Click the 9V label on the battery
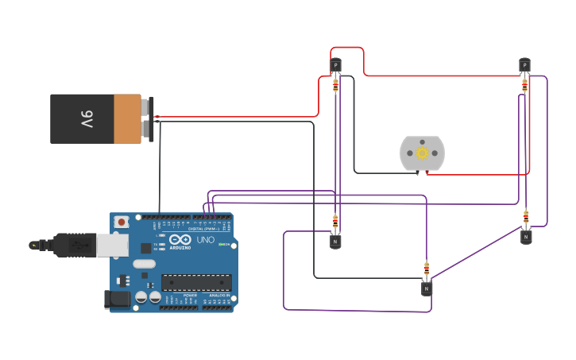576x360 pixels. [86, 119]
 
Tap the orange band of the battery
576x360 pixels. [127, 119]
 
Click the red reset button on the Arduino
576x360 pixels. [122, 222]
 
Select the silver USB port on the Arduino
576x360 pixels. [112, 245]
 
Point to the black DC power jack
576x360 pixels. [118, 300]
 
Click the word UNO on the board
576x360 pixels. [205, 240]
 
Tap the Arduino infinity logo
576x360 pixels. [180, 240]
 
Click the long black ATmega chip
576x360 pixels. [196, 281]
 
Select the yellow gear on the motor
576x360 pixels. [423, 153]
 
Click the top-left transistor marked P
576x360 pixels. [335, 65]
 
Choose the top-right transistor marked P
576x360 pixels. [524, 64]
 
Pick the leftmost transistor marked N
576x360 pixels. [335, 241]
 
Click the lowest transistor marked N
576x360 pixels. [427, 288]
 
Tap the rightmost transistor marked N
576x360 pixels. [526, 236]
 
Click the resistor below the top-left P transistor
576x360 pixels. [335, 84]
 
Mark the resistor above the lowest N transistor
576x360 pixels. [427, 269]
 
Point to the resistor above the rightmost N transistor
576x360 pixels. [526, 216]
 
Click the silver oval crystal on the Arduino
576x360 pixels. [144, 263]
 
